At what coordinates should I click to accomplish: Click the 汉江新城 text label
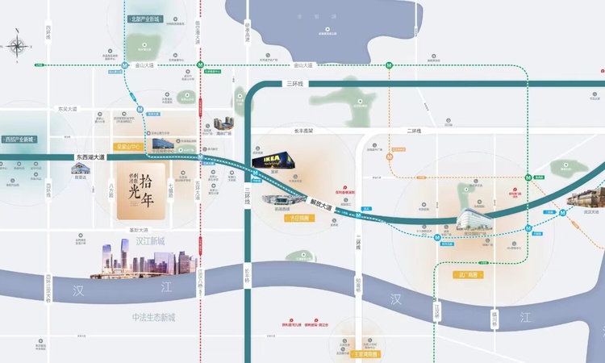click(x=150, y=240)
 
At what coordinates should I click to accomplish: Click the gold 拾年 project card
click(x=140, y=192)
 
